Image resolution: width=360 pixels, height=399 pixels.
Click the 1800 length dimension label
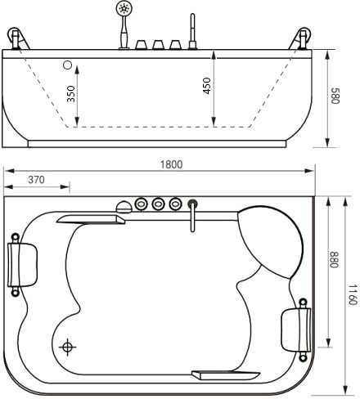pyautogui.click(x=171, y=164)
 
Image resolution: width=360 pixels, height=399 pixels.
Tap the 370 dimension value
pyautogui.click(x=36, y=180)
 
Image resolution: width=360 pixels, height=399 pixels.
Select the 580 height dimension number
pyautogui.click(x=335, y=96)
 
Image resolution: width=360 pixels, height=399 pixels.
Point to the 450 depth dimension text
pyautogui.click(x=207, y=86)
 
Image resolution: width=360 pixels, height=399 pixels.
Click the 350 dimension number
pyautogui.click(x=70, y=94)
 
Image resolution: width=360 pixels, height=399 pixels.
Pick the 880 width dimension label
pyautogui.click(x=334, y=260)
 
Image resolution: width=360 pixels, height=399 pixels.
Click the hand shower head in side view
pyautogui.click(x=124, y=8)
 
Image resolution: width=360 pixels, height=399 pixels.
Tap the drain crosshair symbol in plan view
pyautogui.click(x=67, y=347)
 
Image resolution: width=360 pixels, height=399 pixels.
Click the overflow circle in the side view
pyautogui.click(x=67, y=65)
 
